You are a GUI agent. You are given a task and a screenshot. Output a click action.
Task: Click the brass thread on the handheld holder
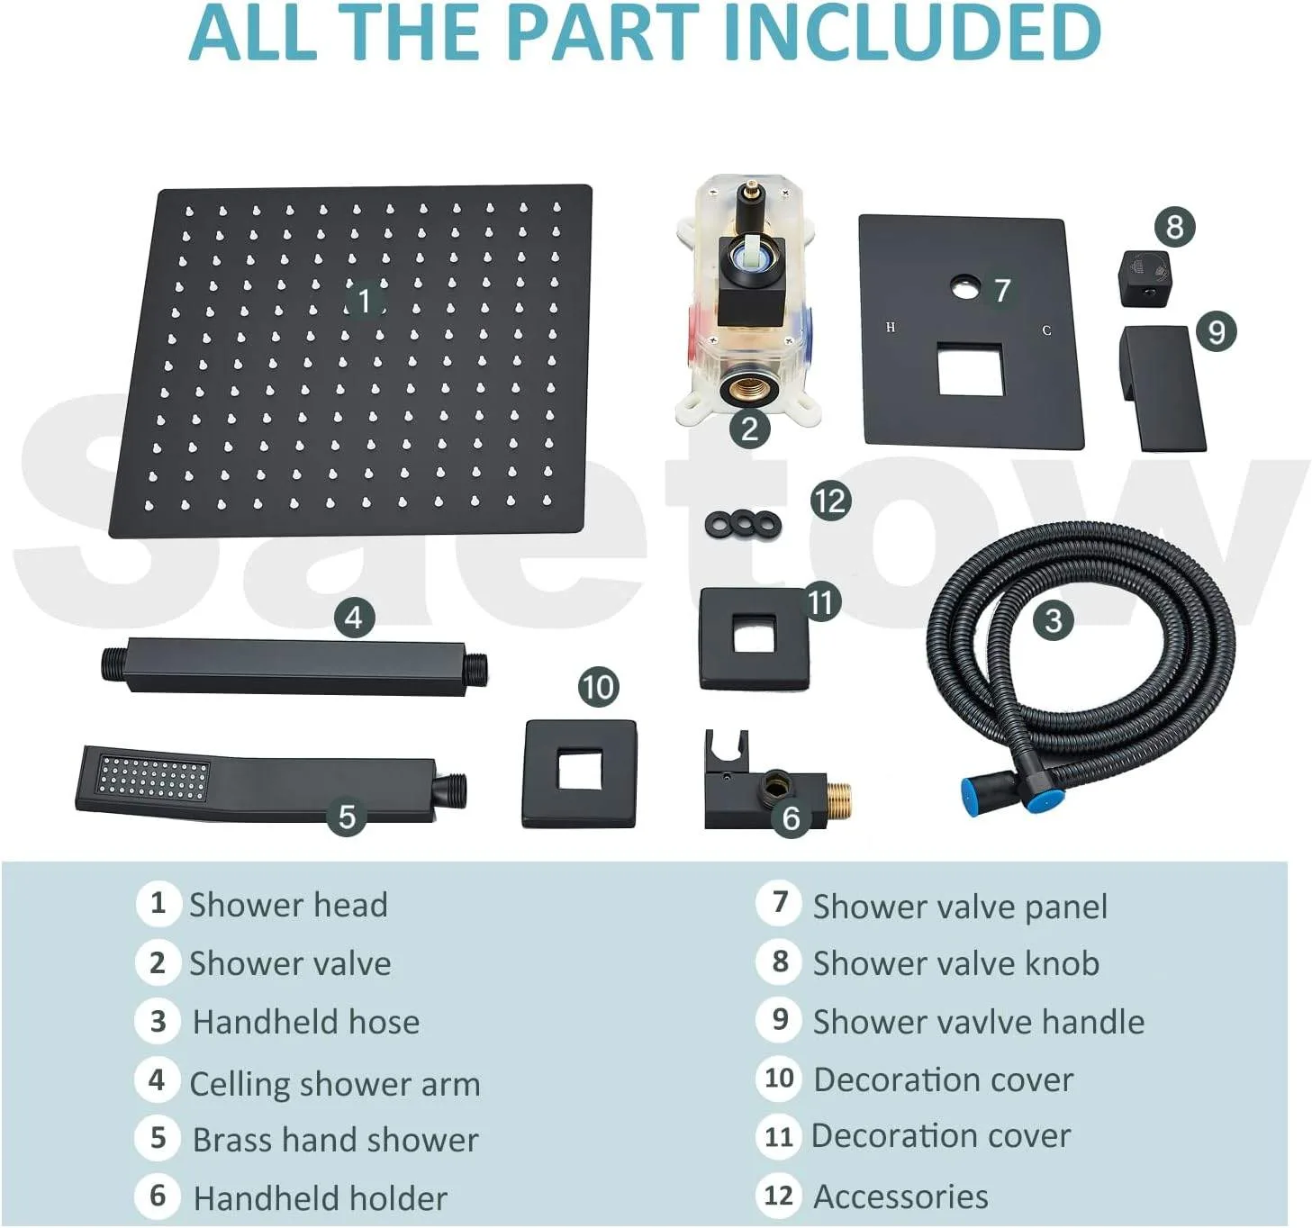tap(839, 796)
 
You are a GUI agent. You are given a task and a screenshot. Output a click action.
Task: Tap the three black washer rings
tap(743, 523)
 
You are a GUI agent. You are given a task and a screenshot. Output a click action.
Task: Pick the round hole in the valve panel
tap(964, 288)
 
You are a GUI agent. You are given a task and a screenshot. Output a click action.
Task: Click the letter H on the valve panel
tap(891, 328)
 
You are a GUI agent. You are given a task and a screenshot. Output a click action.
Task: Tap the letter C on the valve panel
tap(1046, 330)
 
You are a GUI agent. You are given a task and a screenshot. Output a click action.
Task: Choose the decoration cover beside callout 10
tap(579, 773)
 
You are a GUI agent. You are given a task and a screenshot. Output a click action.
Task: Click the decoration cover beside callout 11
tap(754, 638)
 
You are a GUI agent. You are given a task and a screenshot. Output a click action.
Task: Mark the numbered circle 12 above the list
tap(830, 501)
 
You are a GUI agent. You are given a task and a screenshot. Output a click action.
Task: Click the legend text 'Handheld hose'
tap(305, 1022)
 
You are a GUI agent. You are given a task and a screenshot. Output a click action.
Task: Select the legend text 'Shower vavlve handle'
tap(978, 1022)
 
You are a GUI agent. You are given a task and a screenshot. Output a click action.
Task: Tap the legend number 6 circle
tap(158, 1196)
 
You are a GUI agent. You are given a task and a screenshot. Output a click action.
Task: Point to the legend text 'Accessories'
tap(900, 1196)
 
